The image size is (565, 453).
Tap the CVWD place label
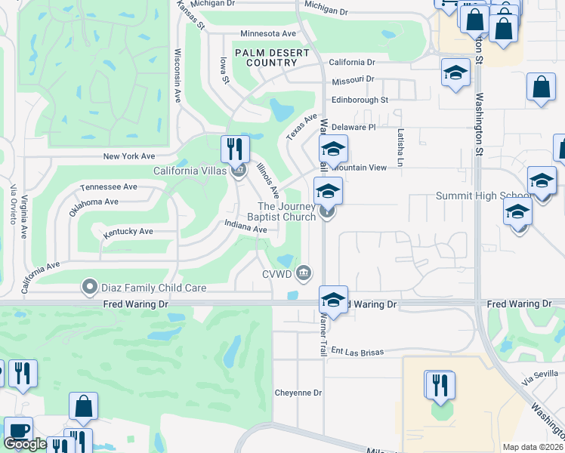[276, 274]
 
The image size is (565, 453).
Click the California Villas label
[190, 171]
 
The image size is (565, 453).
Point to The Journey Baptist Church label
[286, 212]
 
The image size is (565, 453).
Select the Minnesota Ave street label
[268, 34]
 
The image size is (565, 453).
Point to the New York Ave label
[128, 156]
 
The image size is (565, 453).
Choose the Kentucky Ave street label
[128, 232]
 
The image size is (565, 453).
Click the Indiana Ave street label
[246, 226]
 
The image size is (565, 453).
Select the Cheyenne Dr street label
[298, 393]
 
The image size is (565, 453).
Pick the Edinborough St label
[360, 100]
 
